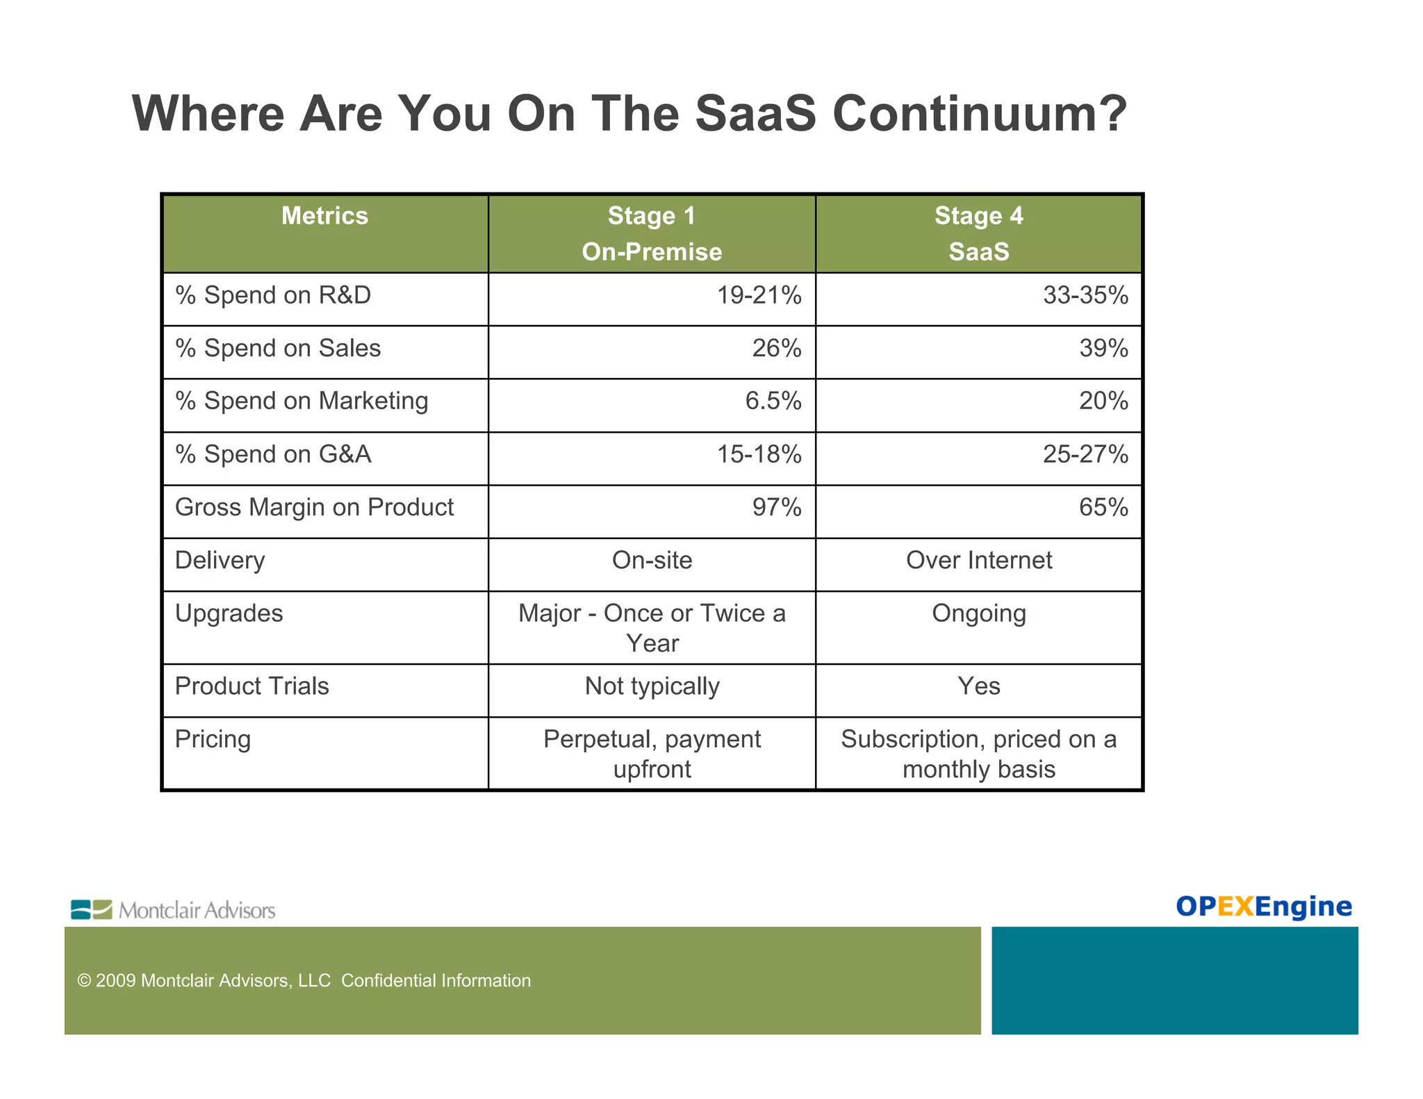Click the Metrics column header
[324, 216]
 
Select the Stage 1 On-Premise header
[651, 233]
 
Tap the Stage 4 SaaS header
[978, 233]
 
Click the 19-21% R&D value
[759, 295]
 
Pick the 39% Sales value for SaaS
[1103, 348]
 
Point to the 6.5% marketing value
[773, 401]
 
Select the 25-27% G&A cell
[1085, 454]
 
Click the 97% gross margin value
[776, 507]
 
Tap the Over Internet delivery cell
[978, 560]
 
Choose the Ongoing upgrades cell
[978, 613]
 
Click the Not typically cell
[652, 686]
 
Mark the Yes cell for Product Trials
[978, 686]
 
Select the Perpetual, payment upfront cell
[652, 754]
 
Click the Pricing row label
[213, 739]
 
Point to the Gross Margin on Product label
[314, 507]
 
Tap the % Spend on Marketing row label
[302, 401]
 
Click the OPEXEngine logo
[1263, 906]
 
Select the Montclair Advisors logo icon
[91, 909]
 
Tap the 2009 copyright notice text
[304, 980]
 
